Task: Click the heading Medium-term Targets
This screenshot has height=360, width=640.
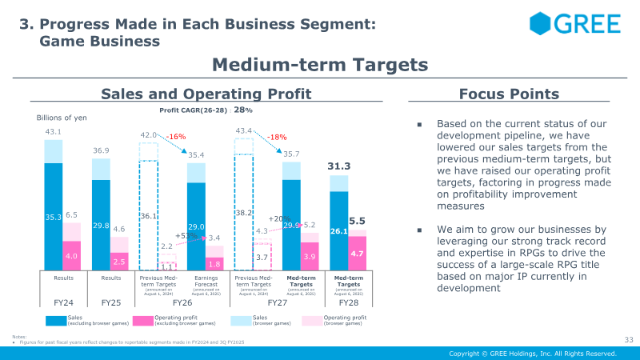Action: (x=320, y=64)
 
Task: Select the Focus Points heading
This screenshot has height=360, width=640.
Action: (x=503, y=94)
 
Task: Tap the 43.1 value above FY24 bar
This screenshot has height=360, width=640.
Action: (x=53, y=131)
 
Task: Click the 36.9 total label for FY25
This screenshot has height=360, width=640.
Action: (x=101, y=150)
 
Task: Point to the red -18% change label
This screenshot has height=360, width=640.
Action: (x=277, y=138)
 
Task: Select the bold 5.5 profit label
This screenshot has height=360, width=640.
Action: (x=358, y=220)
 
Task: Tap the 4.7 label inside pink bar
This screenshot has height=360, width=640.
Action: (x=358, y=253)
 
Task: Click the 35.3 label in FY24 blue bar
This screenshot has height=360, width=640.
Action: (x=53, y=217)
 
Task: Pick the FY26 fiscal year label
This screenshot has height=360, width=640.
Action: (x=182, y=304)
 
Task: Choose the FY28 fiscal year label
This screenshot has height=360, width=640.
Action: (x=349, y=304)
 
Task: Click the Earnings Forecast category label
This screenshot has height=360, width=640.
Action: (x=206, y=282)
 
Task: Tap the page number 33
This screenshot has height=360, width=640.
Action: (x=628, y=340)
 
